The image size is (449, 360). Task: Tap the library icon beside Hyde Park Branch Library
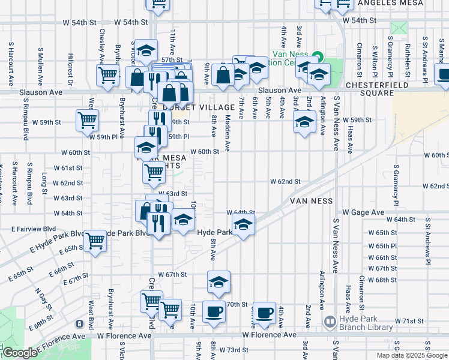(328, 322)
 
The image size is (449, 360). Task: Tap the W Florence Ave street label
(270, 335)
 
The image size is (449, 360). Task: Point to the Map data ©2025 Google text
(411, 355)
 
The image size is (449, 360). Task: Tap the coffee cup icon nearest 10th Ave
(214, 313)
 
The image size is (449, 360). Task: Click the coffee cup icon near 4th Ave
(264, 313)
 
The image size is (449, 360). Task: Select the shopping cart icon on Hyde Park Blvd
(95, 241)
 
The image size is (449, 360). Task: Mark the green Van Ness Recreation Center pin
(318, 57)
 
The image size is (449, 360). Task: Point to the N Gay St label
(40, 299)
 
